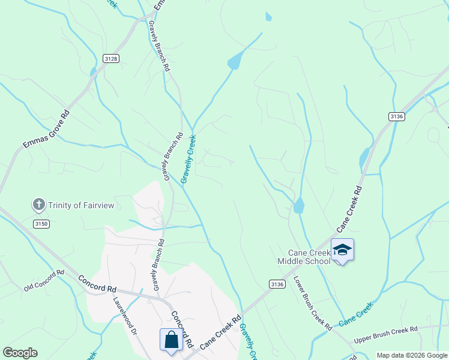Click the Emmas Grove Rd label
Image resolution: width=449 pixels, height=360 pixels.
coord(47,130)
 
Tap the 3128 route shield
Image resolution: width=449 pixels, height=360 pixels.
coord(110,58)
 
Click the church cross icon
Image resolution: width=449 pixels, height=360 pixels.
coord(39,205)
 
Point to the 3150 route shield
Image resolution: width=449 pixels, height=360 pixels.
coord(40,224)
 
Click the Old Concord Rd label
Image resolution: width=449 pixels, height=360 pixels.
coord(44,281)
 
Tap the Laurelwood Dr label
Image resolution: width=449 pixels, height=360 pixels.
coord(125,314)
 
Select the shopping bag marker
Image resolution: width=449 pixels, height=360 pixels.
coord(171,339)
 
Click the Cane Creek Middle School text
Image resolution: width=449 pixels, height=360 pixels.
coord(304,257)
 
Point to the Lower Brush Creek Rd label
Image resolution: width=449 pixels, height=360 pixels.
coord(312,302)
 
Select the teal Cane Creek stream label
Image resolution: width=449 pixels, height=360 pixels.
coord(356,314)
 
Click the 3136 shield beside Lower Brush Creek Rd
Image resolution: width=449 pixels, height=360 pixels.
coord(277,284)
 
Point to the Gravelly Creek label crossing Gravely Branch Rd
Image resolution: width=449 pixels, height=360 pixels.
coord(188,159)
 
